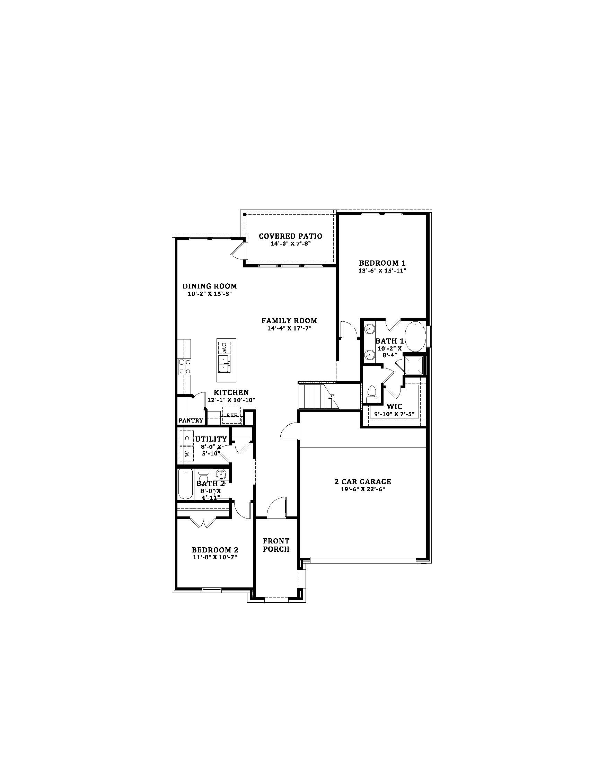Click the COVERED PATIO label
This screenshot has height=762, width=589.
(290, 236)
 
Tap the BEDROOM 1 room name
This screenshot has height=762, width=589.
(383, 263)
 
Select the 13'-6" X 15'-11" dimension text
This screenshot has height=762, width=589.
(383, 271)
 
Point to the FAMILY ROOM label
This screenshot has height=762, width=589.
(289, 321)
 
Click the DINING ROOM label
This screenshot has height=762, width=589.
(210, 286)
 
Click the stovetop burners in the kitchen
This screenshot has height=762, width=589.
(185, 367)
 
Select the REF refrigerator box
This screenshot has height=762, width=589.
(232, 415)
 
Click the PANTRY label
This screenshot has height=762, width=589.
(191, 421)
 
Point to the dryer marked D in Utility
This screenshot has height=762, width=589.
(187, 438)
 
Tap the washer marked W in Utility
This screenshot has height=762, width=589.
(187, 454)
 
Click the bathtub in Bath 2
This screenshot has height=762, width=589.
(185, 485)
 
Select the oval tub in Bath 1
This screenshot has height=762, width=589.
(415, 337)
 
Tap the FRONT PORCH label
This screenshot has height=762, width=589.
(276, 545)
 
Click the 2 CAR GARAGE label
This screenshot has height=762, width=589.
(363, 482)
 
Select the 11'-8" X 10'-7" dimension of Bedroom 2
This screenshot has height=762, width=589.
(214, 558)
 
